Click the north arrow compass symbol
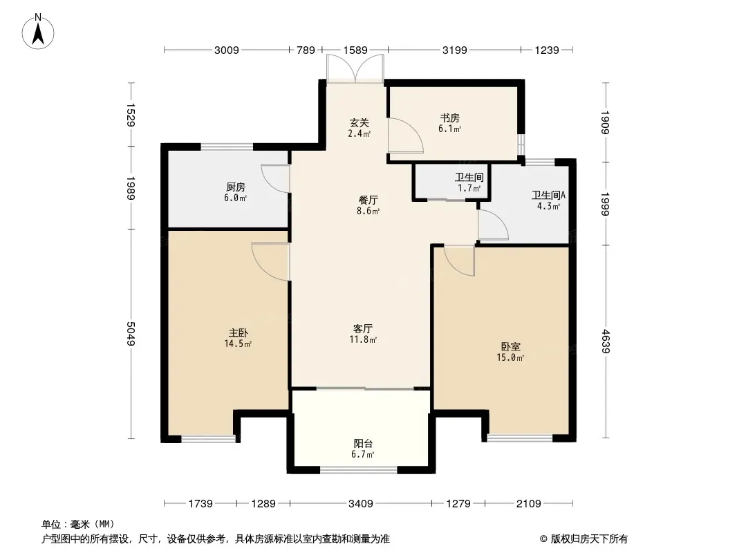tap(38, 32)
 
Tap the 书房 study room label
tap(450, 123)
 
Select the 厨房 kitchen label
tap(235, 192)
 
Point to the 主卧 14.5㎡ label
tap(238, 338)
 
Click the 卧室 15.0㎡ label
tap(510, 352)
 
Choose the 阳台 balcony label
tap(363, 449)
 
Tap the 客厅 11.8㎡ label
tap(363, 334)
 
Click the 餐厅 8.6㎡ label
tap(368, 205)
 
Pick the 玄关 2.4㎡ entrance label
tap(359, 128)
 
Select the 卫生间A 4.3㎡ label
tap(548, 200)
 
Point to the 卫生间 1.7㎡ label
tap(469, 182)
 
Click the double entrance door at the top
tap(355, 68)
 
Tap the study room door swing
tap(405, 135)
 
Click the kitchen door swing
tap(275, 178)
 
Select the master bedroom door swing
tap(270, 262)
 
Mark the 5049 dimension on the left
tap(131, 334)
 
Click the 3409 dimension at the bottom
tap(360, 504)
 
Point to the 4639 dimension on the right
tap(606, 341)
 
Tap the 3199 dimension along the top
tap(454, 50)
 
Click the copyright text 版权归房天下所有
tap(589, 539)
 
